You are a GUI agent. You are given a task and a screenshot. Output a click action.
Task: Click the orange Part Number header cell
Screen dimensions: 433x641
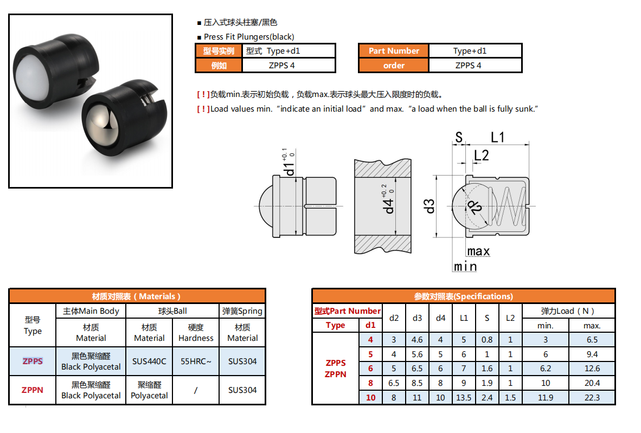click(394, 51)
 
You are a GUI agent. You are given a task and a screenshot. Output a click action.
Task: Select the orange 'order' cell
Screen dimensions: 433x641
click(394, 66)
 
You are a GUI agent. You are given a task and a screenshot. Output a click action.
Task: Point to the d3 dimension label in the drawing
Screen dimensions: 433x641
click(430, 206)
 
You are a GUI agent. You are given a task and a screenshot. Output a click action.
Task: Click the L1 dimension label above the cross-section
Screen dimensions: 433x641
click(497, 138)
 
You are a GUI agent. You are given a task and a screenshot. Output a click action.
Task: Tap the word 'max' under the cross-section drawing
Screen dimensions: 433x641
click(478, 251)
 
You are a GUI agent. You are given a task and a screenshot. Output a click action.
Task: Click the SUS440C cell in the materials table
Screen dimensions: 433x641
click(149, 361)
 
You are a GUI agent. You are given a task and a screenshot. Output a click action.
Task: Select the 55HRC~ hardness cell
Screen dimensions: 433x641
click(196, 361)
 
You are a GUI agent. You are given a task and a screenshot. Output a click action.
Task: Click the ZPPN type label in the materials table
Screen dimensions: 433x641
click(33, 390)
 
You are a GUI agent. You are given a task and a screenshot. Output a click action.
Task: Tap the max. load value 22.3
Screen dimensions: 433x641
click(592, 398)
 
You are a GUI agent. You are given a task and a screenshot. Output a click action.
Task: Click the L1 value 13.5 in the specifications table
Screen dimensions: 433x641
click(464, 398)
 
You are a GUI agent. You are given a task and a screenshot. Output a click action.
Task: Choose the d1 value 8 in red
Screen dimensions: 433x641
click(370, 383)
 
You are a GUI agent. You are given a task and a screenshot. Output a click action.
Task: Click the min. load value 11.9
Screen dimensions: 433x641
click(545, 398)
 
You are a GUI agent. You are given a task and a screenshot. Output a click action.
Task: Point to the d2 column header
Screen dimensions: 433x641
click(394, 318)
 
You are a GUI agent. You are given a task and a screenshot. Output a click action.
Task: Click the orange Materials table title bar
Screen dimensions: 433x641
click(137, 296)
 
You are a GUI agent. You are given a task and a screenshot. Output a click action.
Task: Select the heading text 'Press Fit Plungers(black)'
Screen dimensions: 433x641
click(249, 37)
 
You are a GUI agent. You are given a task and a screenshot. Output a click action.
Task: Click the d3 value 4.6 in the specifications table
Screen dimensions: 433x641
click(417, 340)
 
